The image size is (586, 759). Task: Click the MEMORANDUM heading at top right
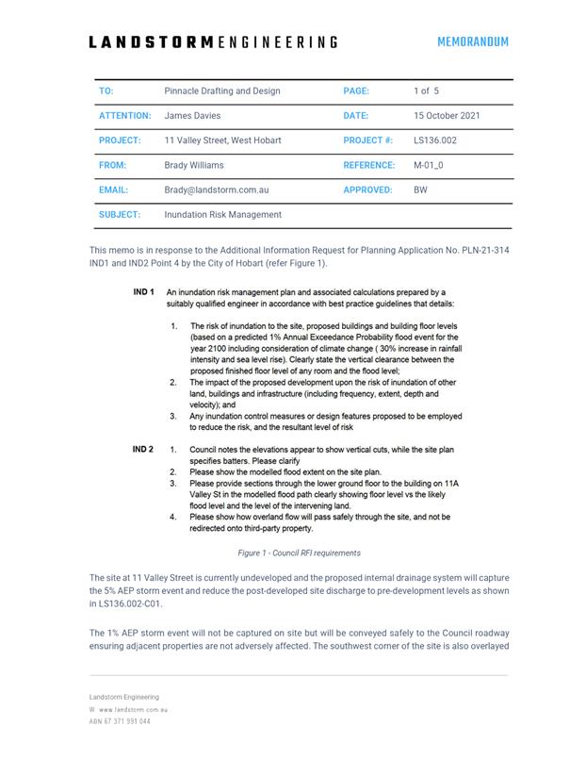pos(472,41)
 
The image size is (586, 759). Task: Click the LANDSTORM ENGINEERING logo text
pos(213,42)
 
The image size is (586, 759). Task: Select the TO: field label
pos(106,91)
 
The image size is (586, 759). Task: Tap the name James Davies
pos(192,116)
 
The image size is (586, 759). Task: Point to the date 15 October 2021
pos(447,116)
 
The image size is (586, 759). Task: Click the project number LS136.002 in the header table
pos(435,140)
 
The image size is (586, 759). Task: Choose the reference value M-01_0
pos(429,165)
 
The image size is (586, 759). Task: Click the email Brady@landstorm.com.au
pos(217,190)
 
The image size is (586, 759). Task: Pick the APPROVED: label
pos(368,190)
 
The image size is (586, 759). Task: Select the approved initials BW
pos(420,190)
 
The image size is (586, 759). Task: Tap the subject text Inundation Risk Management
pos(222,214)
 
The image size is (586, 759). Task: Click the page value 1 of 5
pos(426,91)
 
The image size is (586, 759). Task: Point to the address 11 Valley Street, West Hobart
pos(222,140)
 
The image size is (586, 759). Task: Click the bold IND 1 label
pos(143,292)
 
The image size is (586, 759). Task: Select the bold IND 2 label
pos(143,450)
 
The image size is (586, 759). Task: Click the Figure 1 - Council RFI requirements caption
pos(299,553)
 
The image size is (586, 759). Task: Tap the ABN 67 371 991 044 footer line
pos(120,721)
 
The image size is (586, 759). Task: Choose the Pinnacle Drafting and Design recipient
pos(222,91)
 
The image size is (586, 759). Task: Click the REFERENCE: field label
pos(369,165)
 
